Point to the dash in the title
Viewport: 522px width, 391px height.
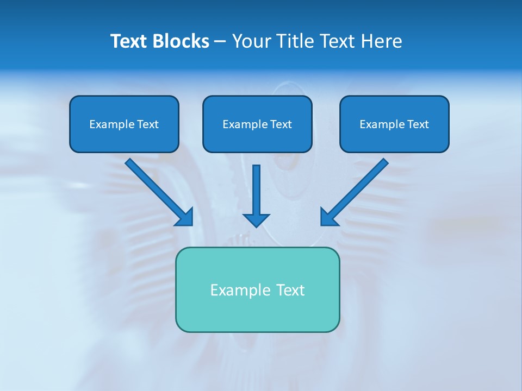point(220,41)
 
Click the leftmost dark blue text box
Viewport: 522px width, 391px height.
point(124,124)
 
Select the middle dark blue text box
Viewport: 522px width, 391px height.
point(257,124)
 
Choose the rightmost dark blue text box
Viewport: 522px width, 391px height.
point(394,124)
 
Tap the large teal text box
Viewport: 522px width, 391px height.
point(257,289)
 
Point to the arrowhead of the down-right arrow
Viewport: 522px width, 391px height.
point(185,217)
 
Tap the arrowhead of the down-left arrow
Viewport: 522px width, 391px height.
point(328,217)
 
